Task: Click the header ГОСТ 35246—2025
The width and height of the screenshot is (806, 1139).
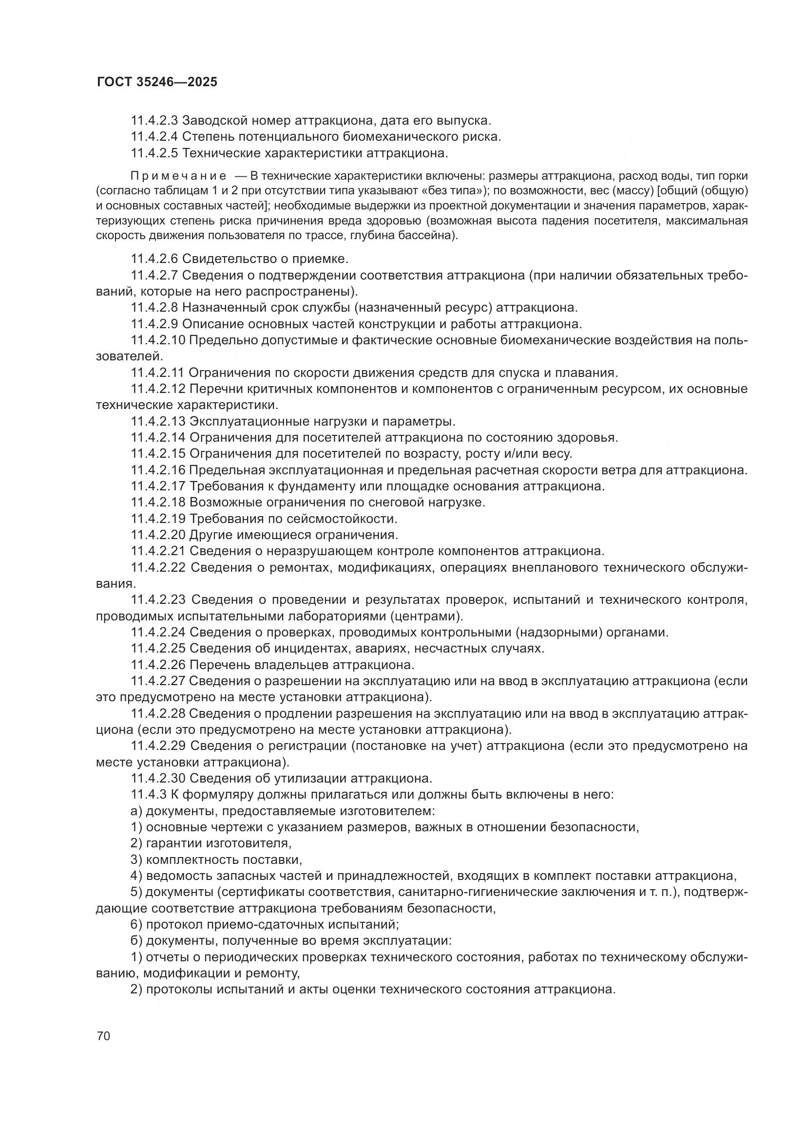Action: (157, 82)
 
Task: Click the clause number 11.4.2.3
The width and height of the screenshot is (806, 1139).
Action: (154, 120)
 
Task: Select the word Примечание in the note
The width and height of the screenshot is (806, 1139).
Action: (178, 176)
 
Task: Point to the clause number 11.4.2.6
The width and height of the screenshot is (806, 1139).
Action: (154, 259)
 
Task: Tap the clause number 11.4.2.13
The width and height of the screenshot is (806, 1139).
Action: (157, 421)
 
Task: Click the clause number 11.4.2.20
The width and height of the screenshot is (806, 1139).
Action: (157, 535)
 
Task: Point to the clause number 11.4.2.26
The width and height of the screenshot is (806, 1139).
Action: (157, 664)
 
